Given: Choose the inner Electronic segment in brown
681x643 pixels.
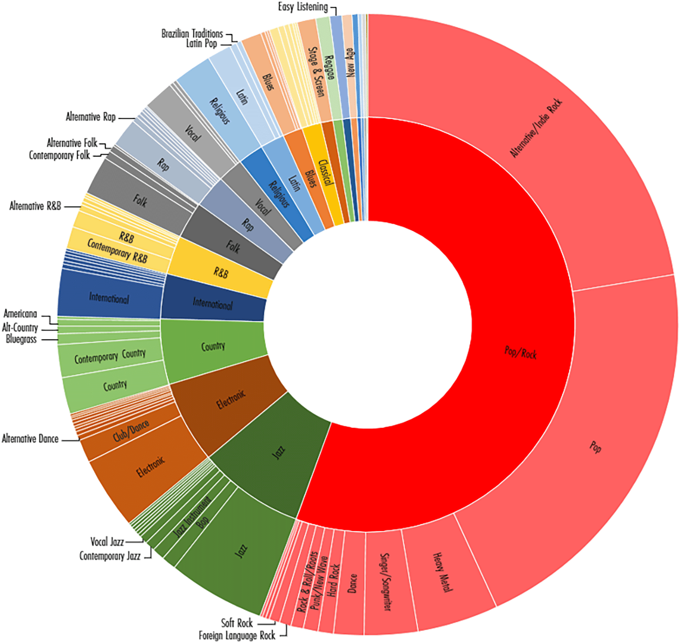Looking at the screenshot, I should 228,402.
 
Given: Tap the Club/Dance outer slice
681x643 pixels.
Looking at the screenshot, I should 131,430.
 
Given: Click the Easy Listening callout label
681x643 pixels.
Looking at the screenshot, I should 303,7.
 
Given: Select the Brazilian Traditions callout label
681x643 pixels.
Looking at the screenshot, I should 192,33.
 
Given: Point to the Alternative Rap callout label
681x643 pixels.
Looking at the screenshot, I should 91,117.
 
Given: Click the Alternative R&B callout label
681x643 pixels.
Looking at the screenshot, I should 35,206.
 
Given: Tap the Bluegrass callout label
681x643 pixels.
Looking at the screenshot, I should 21,339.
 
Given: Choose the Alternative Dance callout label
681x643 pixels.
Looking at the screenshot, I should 30,439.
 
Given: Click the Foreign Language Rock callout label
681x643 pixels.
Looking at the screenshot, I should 237,635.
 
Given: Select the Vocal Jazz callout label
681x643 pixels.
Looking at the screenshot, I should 107,542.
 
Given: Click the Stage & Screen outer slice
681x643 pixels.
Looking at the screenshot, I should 316,71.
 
